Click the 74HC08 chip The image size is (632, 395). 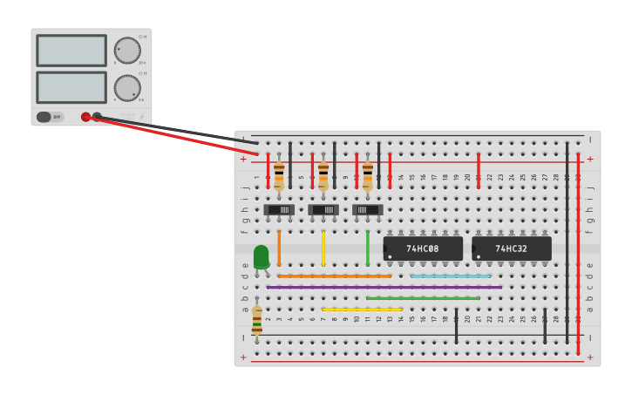[423, 249]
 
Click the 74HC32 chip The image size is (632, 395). [512, 249]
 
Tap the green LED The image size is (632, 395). [262, 256]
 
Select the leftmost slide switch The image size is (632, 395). [279, 209]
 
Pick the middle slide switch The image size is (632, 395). [323, 209]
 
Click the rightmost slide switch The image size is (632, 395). [368, 209]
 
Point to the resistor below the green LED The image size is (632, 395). [256, 319]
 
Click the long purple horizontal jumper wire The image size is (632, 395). [384, 287]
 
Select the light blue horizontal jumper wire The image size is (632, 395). [451, 276]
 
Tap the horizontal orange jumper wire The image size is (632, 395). [335, 276]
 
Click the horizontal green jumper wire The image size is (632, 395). [423, 298]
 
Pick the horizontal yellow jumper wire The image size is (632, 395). [362, 309]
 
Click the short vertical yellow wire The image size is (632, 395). [323, 248]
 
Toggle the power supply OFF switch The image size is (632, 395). [50, 117]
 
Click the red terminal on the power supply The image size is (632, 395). [85, 117]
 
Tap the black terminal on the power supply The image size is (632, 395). [97, 116]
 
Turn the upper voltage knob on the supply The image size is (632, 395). [127, 51]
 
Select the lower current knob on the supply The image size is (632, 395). [127, 87]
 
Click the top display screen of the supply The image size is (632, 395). [71, 51]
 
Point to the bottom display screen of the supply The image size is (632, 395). [71, 87]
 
